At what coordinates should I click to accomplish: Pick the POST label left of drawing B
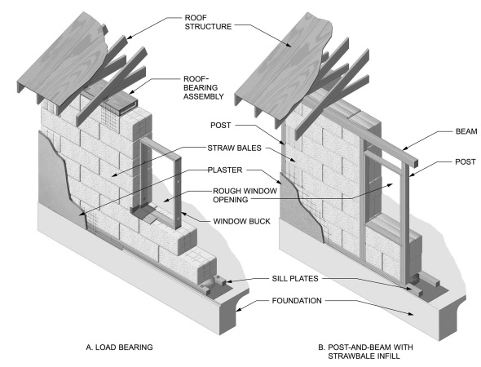pos(222,126)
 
